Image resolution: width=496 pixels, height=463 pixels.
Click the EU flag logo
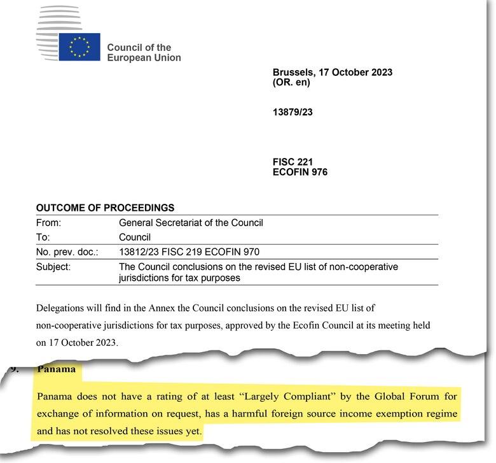coord(79,46)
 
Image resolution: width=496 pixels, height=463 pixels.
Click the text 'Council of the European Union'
coord(144,52)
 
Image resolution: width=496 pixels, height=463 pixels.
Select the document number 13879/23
coord(293,112)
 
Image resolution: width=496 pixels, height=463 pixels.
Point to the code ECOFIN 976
coord(300,172)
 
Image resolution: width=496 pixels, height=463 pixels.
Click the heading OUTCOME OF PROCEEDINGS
coord(105,208)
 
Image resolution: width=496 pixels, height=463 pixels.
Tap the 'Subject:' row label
coord(53,266)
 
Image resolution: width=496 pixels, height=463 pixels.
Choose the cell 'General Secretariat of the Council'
coord(191,223)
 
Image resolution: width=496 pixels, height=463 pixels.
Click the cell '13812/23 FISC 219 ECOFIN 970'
coord(189,252)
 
